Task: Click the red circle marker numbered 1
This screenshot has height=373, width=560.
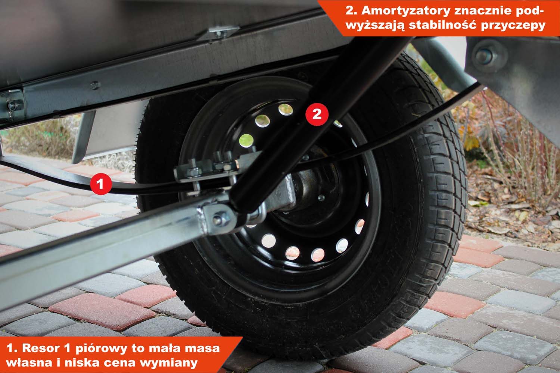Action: [101, 184]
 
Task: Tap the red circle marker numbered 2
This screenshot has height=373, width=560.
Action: [317, 114]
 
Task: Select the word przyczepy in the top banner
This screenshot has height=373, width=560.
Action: [513, 26]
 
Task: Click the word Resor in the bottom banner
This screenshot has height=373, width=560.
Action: [41, 348]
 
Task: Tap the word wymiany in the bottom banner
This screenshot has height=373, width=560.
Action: [169, 363]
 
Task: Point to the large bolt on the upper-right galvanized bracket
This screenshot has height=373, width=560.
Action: [484, 56]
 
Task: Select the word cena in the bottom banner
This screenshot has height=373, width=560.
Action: [119, 363]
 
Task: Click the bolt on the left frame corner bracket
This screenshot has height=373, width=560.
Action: [12, 106]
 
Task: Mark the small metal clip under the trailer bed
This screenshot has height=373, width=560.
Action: [220, 32]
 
